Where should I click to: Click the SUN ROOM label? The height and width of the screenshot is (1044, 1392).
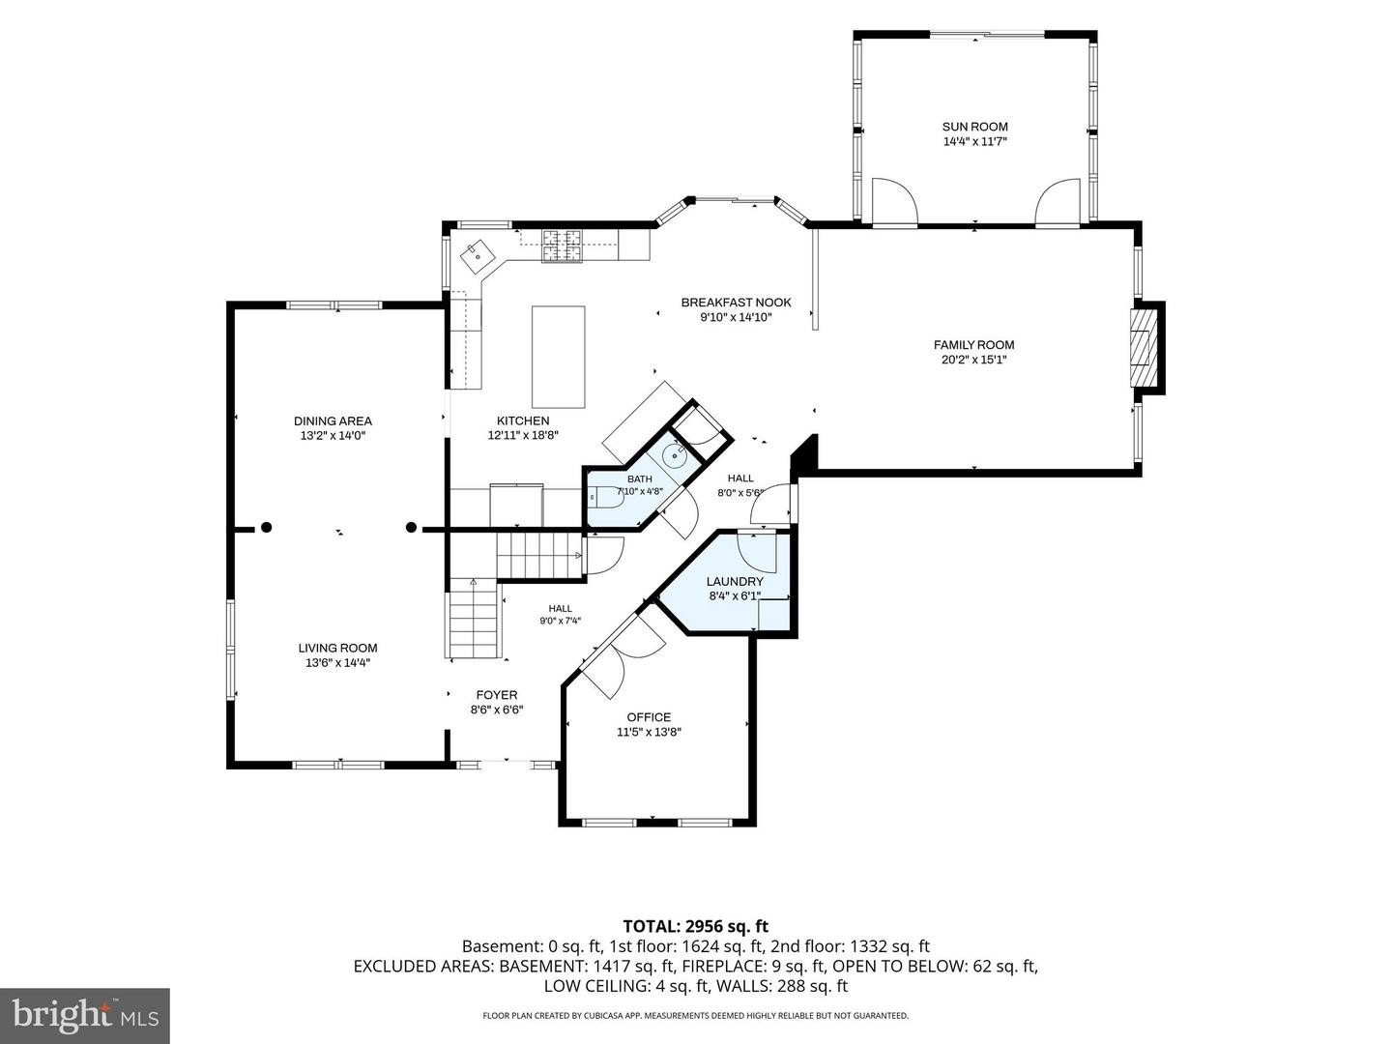974,127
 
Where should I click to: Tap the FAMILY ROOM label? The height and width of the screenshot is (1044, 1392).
973,345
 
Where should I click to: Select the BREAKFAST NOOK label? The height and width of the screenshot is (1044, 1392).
736,303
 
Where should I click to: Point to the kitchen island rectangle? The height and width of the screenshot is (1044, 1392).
558,357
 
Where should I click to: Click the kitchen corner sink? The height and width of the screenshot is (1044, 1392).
477,256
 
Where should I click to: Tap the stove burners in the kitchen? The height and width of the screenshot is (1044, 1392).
562,246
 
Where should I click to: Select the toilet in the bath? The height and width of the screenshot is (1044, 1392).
606,498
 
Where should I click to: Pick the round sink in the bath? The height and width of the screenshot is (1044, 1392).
675,454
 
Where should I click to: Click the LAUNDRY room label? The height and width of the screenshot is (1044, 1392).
735,581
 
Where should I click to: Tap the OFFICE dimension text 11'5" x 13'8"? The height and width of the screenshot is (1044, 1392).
649,732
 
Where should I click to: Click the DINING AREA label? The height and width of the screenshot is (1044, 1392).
333,420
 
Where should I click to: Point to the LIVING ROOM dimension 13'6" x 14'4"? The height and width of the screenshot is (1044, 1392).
337,662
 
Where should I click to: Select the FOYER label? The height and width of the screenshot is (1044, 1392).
497,695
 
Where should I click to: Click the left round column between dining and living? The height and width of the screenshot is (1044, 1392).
267,528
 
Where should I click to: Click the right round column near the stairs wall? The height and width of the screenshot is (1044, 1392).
411,527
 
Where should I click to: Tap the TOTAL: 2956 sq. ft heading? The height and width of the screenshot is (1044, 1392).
695,926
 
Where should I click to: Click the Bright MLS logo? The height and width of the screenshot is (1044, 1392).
85,1015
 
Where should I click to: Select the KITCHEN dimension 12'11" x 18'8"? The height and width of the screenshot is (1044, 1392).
523,435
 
